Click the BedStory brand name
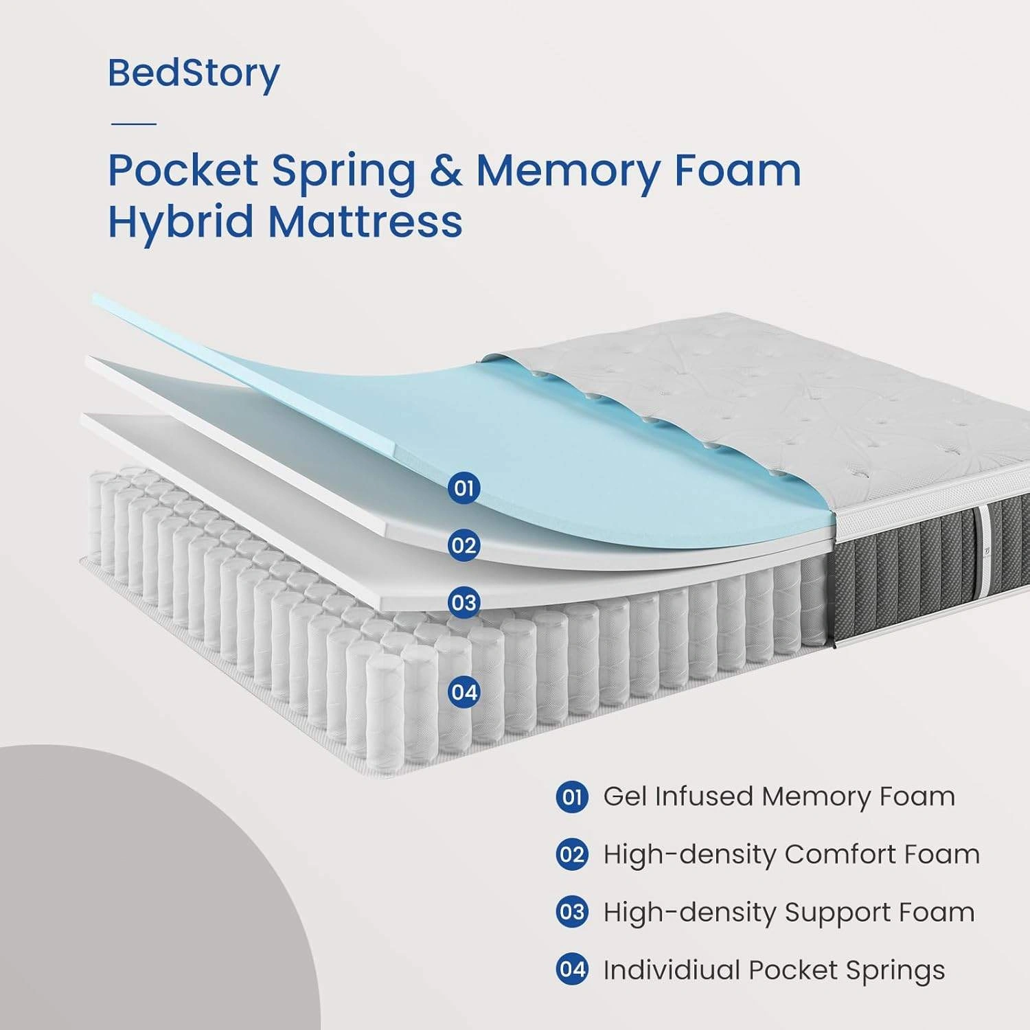[194, 73]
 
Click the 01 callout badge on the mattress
[464, 488]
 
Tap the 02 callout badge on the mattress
[464, 546]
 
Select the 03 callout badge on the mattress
[464, 603]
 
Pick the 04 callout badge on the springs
[464, 691]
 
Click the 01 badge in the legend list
[572, 797]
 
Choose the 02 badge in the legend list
[572, 855]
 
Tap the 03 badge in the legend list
[572, 913]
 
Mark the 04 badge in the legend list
[572, 970]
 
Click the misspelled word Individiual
[671, 970]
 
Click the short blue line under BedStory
[133, 124]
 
